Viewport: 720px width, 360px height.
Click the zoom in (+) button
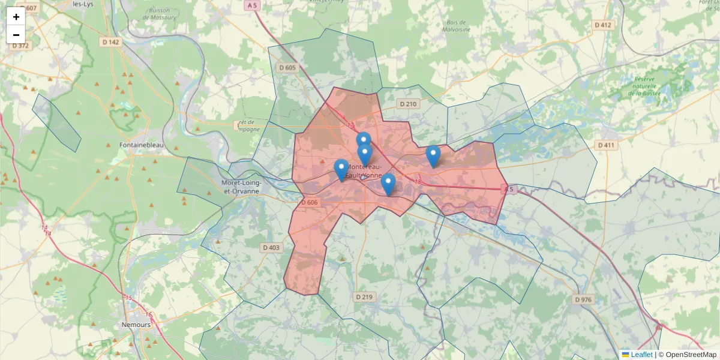[16, 17]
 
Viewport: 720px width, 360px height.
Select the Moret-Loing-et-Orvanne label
[240, 187]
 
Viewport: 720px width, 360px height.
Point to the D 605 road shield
[288, 67]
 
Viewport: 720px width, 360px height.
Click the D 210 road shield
[407, 104]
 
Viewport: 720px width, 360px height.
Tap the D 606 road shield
[310, 202]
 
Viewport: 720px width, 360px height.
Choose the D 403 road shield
[271, 247]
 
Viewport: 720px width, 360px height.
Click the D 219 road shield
[364, 297]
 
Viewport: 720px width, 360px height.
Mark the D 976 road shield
[583, 299]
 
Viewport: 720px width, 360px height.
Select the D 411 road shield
[607, 145]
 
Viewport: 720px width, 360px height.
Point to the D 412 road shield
[604, 25]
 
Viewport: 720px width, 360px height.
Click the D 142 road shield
[111, 42]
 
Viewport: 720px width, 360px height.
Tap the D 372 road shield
[20, 46]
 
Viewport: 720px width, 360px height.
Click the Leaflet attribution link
[641, 355]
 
